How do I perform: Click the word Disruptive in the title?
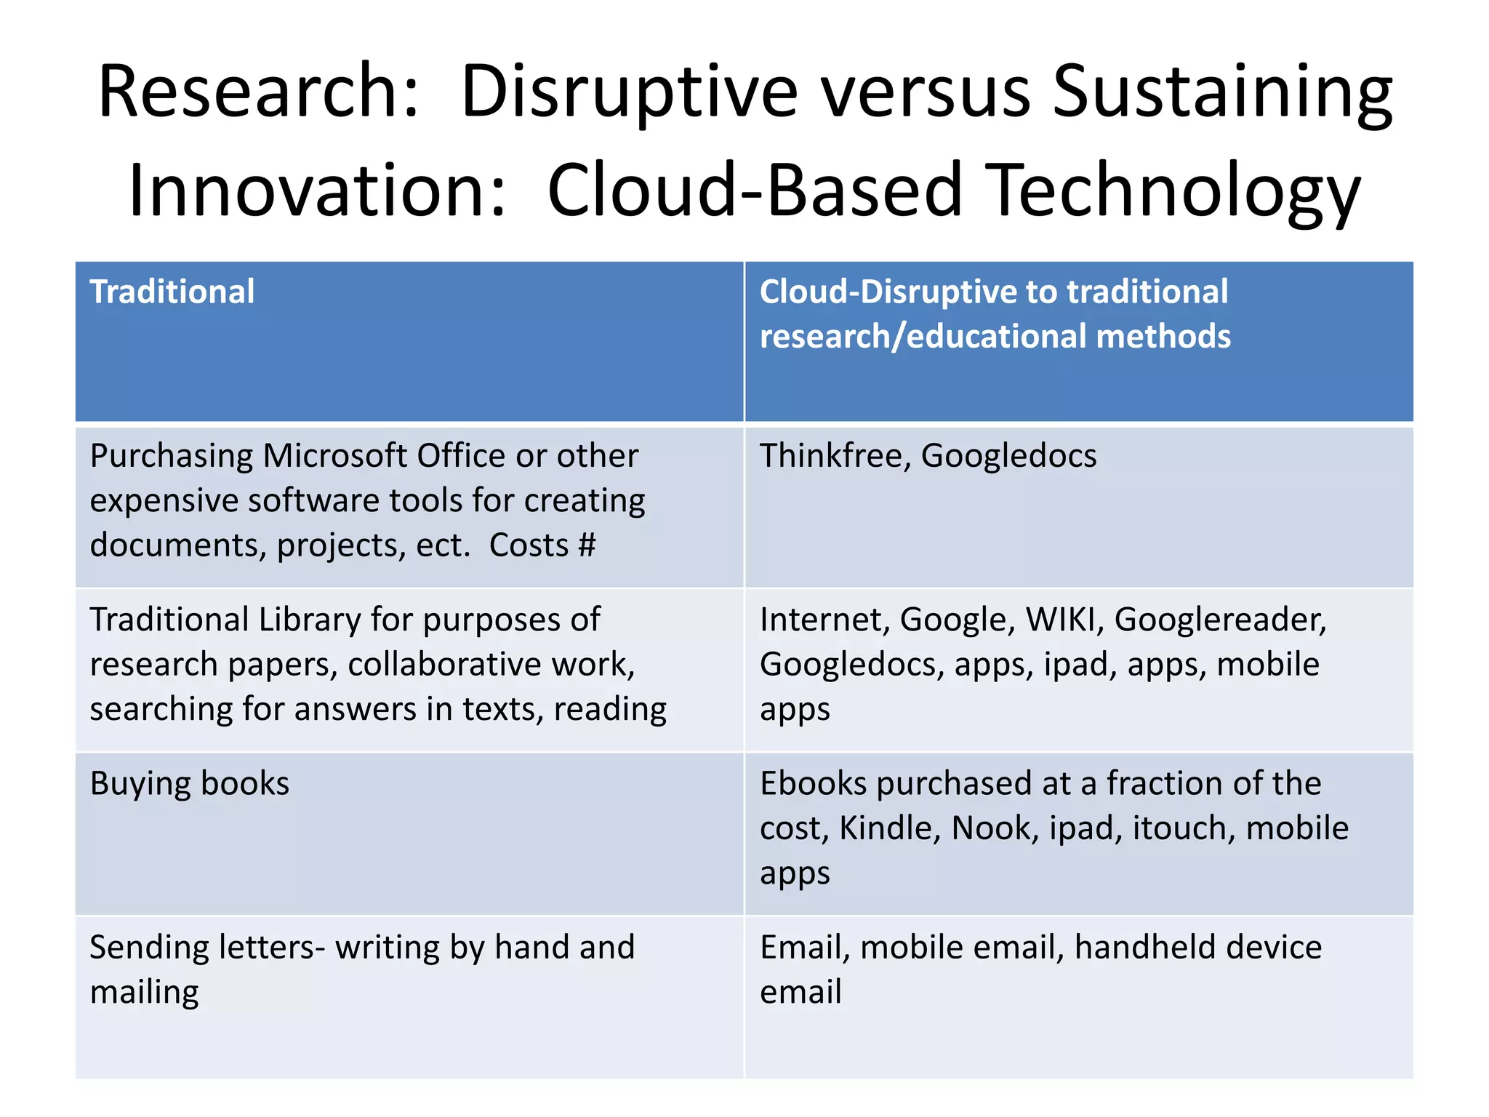(629, 92)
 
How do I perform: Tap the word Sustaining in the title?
(1221, 92)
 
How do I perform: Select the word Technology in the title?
(1176, 191)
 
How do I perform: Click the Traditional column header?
(172, 292)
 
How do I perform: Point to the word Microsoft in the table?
(334, 456)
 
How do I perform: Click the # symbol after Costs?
(587, 545)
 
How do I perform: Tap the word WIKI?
(1064, 620)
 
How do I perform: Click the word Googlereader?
(1220, 620)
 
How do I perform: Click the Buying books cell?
(190, 784)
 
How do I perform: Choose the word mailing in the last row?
(144, 993)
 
